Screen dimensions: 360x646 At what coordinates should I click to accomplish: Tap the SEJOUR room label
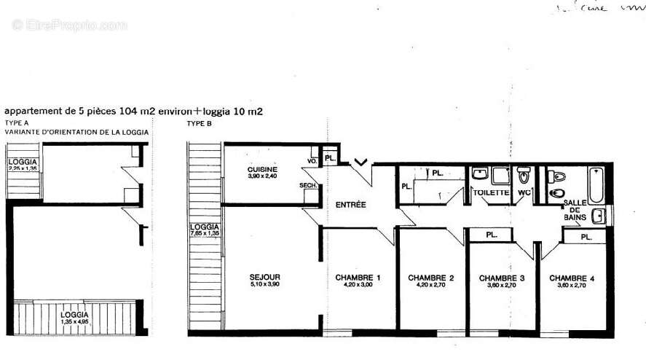pos(265,277)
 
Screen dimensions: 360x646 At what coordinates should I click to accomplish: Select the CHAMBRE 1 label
pos(358,278)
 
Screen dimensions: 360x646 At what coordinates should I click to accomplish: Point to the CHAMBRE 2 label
pos(431,278)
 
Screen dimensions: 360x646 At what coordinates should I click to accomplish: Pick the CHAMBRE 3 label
pos(501,278)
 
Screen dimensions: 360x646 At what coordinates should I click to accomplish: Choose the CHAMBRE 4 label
pos(572,278)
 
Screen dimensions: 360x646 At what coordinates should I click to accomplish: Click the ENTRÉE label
pos(351,205)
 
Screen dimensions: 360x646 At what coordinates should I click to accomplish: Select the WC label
pos(524,192)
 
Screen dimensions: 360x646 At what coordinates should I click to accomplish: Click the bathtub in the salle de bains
pos(596,184)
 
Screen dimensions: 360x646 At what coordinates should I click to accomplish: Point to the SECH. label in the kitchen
pos(307,186)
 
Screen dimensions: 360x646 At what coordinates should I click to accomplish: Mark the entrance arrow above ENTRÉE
pos(360,162)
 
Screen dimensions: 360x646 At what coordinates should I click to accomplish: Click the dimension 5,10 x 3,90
pos(265,285)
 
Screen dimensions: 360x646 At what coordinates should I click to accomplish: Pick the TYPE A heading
pos(16,124)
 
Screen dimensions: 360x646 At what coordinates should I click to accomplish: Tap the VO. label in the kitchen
pos(312,160)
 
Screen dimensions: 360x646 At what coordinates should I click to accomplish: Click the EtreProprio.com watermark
pos(70,25)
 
